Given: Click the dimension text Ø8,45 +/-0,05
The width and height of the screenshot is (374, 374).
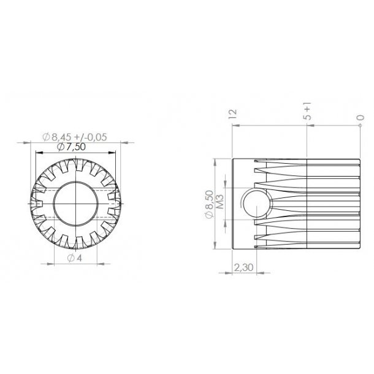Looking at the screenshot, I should coord(75,137).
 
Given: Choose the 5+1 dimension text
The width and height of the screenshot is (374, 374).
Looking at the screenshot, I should coord(307,112).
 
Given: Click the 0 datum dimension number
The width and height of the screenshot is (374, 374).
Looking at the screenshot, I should coord(361,117).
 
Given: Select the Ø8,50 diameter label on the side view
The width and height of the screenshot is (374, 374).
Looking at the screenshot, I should coord(210,204).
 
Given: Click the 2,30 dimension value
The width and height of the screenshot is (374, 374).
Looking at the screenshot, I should coord(243,268).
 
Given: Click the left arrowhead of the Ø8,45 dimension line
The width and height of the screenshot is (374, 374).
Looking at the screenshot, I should coord(26,142).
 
